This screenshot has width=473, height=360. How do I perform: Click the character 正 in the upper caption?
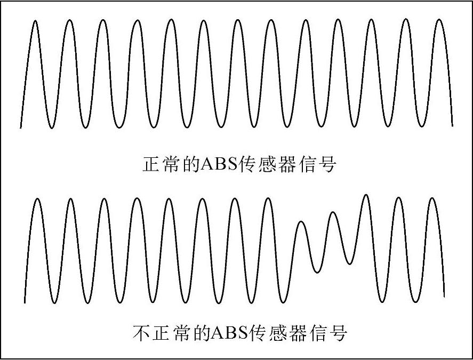[x=152, y=164]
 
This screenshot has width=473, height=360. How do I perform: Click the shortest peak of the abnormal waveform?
[x=301, y=221]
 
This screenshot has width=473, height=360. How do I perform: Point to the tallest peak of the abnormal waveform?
[x=366, y=195]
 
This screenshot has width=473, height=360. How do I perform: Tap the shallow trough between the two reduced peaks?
[x=317, y=273]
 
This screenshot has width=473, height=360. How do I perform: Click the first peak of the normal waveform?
[x=35, y=21]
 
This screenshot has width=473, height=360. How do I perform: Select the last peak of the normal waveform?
[x=439, y=20]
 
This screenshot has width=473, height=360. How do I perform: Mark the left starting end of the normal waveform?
[x=21, y=127]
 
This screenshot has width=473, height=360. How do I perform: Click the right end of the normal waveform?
[x=452, y=126]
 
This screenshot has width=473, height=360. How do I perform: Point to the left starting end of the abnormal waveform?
[x=25, y=302]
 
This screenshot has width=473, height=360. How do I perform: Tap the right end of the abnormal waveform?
[x=444, y=295]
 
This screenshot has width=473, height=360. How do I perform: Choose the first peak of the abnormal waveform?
[x=37, y=199]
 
